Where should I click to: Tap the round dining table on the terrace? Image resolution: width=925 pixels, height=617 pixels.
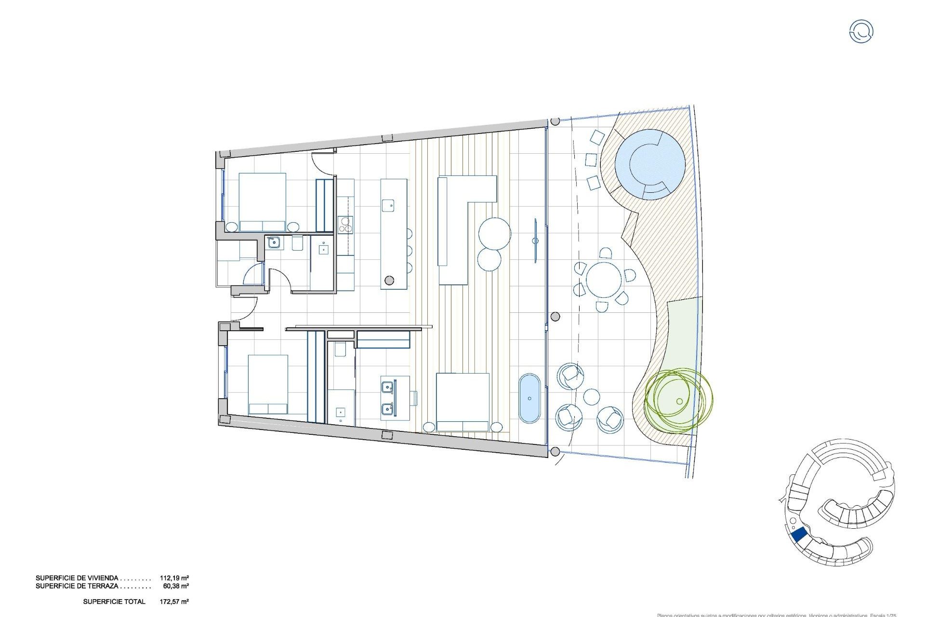[x=604, y=280]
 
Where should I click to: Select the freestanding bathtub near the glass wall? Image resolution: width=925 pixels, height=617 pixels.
[x=529, y=398]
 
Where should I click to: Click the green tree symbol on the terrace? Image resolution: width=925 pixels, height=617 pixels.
[x=678, y=400]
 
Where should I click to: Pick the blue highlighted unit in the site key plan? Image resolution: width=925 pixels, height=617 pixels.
[x=799, y=535]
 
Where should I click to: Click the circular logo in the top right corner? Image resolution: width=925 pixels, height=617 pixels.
[x=861, y=31]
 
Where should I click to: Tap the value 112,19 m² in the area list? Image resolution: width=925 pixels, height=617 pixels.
[x=174, y=577]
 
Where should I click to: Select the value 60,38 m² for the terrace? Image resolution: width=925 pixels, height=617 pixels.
[x=176, y=586]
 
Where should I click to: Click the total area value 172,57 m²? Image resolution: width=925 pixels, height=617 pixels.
[x=174, y=602]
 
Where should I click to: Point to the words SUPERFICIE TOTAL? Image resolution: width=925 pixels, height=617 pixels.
[x=114, y=602]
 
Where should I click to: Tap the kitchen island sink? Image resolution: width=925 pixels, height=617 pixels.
[x=388, y=205]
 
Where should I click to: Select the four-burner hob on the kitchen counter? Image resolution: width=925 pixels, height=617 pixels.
[x=345, y=225]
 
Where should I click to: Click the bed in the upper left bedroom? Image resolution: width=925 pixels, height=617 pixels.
[x=263, y=202]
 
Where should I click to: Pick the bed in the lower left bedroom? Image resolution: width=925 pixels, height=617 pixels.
[x=268, y=384]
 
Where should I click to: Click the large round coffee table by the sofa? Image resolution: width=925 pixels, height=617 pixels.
[x=495, y=234]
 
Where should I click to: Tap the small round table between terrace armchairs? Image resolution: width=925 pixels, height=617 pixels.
[x=592, y=397]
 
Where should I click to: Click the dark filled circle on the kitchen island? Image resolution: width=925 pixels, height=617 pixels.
[x=389, y=280]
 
